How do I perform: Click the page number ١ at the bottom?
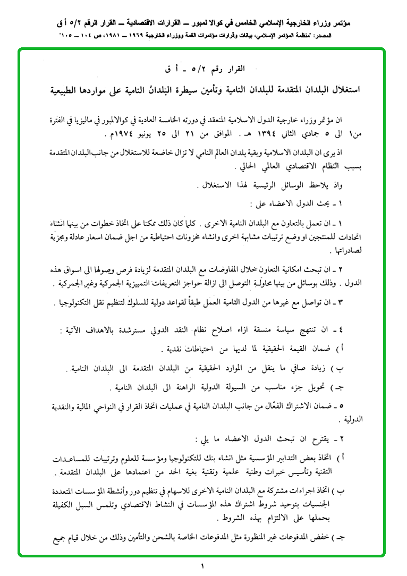coord(202,566)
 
